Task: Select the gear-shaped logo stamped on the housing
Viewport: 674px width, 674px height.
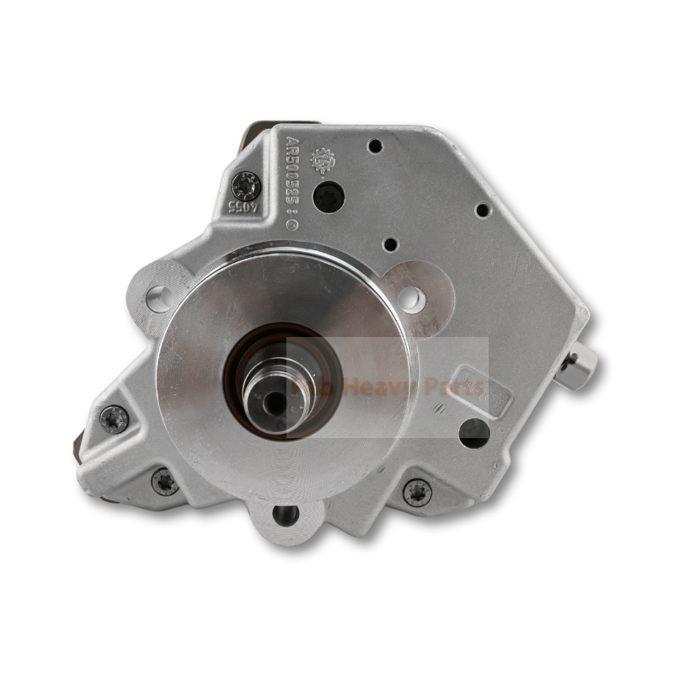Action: (x=323, y=160)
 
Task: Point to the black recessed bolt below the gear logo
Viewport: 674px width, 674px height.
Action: (x=328, y=196)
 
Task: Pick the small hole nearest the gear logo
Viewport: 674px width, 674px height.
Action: (x=375, y=146)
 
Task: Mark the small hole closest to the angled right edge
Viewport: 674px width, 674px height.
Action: (x=482, y=210)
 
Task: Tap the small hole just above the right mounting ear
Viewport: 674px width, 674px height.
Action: (x=389, y=244)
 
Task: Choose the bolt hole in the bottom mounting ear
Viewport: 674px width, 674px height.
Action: (x=286, y=515)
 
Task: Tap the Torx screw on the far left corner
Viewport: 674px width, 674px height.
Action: (x=114, y=418)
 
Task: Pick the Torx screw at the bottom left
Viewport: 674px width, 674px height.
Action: (x=165, y=482)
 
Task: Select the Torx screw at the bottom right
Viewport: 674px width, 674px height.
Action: (x=416, y=492)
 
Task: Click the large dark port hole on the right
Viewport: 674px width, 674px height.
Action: (x=473, y=432)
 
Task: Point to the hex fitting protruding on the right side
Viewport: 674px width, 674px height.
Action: (x=578, y=366)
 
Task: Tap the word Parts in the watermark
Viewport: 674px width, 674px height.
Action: (x=447, y=388)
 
